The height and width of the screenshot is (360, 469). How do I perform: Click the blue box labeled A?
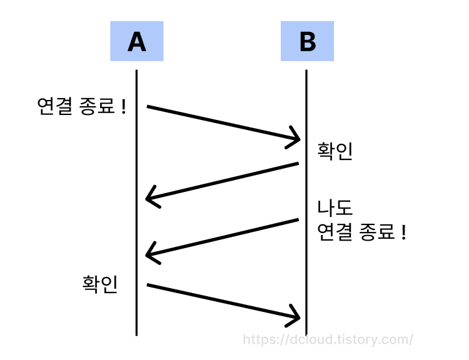pos(136,41)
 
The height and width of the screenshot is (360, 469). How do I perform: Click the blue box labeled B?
pos(307,41)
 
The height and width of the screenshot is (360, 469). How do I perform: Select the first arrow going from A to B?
pos(219,122)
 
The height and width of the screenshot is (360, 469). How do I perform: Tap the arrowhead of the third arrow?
pos(151,254)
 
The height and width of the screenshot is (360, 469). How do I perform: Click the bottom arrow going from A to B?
pos(219,301)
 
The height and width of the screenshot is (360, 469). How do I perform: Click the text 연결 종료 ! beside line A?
pos(82,107)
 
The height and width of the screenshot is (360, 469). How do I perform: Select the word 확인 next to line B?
pos(335,152)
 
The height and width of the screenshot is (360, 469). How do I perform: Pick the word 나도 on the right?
pos(335,208)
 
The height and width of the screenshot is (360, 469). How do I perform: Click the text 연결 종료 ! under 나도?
pos(362,232)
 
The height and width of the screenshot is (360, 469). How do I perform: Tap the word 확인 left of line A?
pos(100,284)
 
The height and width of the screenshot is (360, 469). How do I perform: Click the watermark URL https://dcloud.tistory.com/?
pos(328,339)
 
